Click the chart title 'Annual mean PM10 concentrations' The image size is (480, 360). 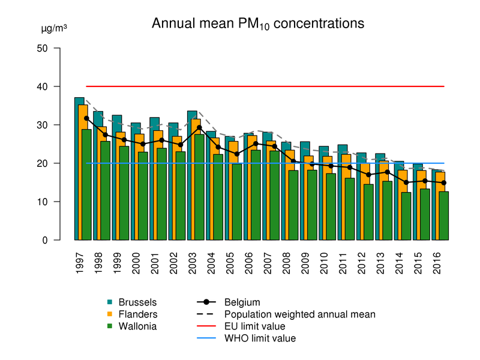pos(258,24)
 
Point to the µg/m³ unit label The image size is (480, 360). pos(53,28)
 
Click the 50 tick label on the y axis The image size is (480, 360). pos(42,48)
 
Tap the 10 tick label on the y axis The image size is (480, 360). pos(42,202)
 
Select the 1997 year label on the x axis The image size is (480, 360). pos(80,263)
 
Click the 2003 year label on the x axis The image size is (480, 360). pos(193,263)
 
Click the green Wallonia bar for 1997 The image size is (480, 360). pos(86,186)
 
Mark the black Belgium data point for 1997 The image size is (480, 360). pos(86,118)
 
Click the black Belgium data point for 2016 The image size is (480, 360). pos(443,182)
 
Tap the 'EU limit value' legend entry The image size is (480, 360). pos(254,326)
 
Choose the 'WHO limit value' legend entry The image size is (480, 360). pos(260,338)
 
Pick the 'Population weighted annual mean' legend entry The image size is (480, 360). pos(299,314)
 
